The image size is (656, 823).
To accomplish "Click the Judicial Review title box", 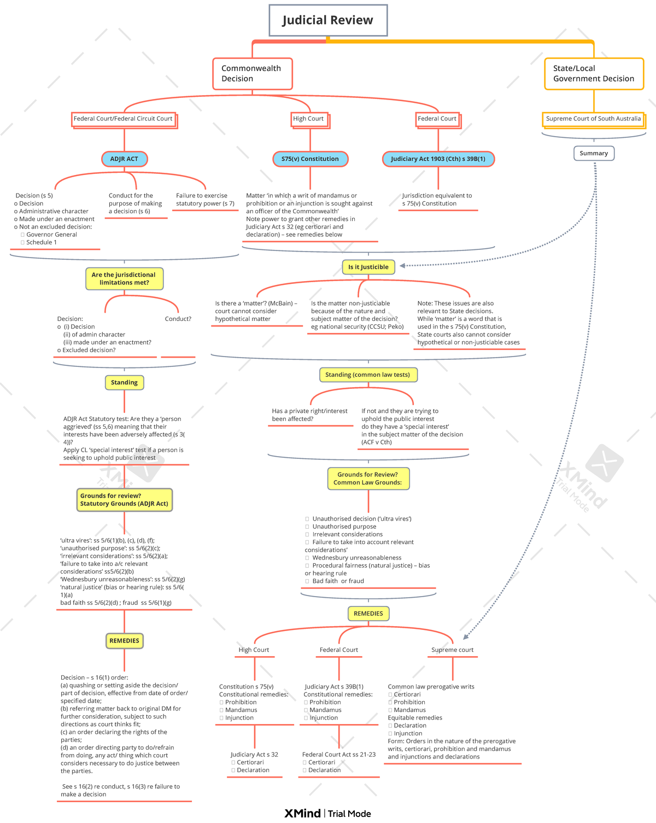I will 328,20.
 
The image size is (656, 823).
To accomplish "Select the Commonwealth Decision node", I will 253,73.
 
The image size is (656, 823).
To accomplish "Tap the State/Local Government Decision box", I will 594,73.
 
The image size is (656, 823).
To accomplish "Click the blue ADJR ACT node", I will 124,159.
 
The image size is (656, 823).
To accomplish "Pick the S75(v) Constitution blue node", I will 310,159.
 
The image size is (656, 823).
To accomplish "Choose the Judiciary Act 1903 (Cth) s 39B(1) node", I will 438,159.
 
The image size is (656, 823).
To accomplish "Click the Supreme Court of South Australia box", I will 593,119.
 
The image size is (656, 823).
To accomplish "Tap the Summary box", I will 594,153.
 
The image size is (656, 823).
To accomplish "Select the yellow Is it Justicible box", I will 368,267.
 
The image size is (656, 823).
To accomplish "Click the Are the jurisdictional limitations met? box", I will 124,278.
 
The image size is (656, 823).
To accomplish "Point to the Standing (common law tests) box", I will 367,375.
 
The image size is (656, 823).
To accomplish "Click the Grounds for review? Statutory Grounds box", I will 124,500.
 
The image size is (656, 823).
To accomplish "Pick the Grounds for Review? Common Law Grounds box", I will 368,478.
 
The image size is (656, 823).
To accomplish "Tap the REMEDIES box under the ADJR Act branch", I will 124,640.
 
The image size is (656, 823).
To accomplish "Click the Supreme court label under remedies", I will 452,650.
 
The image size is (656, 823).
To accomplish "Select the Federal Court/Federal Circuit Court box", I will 123,119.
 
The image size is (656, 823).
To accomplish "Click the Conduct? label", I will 178,319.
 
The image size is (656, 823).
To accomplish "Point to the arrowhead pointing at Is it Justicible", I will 403,266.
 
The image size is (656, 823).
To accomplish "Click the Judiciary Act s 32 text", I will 254,754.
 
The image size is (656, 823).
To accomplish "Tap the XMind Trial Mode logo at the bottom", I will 327,813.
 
